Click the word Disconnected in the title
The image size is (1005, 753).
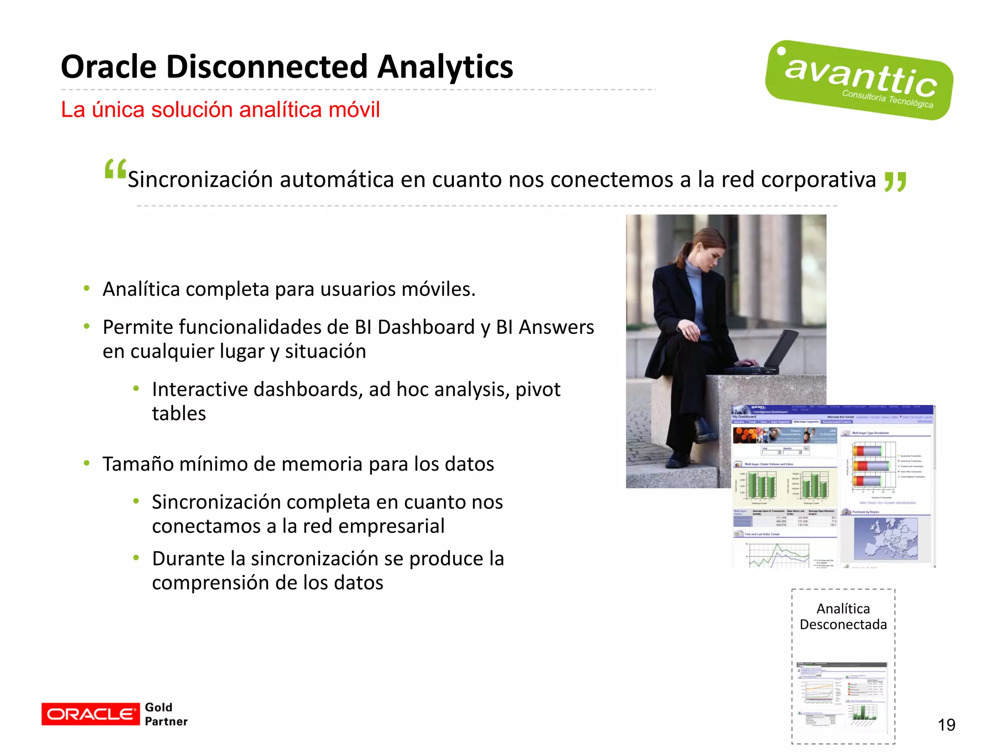(x=267, y=67)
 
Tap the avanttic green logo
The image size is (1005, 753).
(x=859, y=80)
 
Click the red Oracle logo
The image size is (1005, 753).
(x=90, y=714)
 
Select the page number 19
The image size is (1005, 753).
(x=946, y=725)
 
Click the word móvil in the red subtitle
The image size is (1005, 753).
(x=354, y=110)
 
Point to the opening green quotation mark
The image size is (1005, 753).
(x=115, y=170)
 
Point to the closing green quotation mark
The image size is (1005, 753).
(x=895, y=181)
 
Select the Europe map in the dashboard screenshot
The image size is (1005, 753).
(x=885, y=538)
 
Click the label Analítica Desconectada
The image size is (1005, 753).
(x=843, y=616)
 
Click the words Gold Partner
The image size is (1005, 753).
(x=165, y=714)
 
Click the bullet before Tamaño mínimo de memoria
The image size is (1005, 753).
(x=87, y=463)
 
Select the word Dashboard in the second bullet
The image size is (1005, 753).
(x=426, y=327)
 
